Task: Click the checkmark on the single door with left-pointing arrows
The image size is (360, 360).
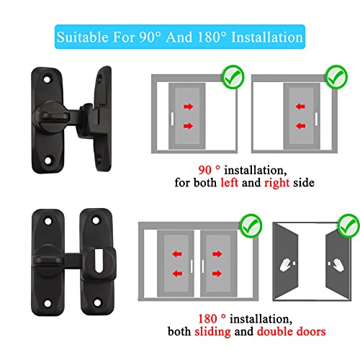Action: [336, 75]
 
